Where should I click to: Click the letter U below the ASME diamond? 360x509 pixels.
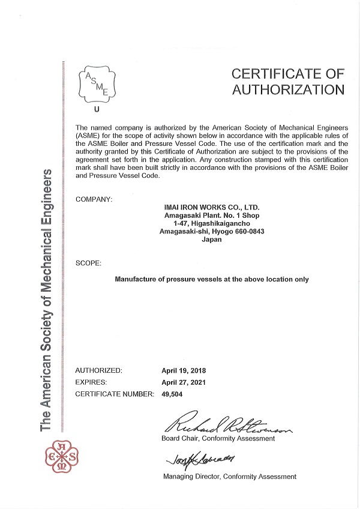click(97, 109)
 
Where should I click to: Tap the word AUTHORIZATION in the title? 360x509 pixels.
click(289, 90)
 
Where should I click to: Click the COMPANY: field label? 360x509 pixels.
click(94, 199)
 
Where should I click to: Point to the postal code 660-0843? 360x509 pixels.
click(247, 231)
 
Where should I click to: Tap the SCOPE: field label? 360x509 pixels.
click(89, 263)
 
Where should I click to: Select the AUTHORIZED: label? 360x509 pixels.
click(99, 370)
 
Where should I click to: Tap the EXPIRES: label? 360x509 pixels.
click(91, 382)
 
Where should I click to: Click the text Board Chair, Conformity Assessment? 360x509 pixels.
click(218, 439)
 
